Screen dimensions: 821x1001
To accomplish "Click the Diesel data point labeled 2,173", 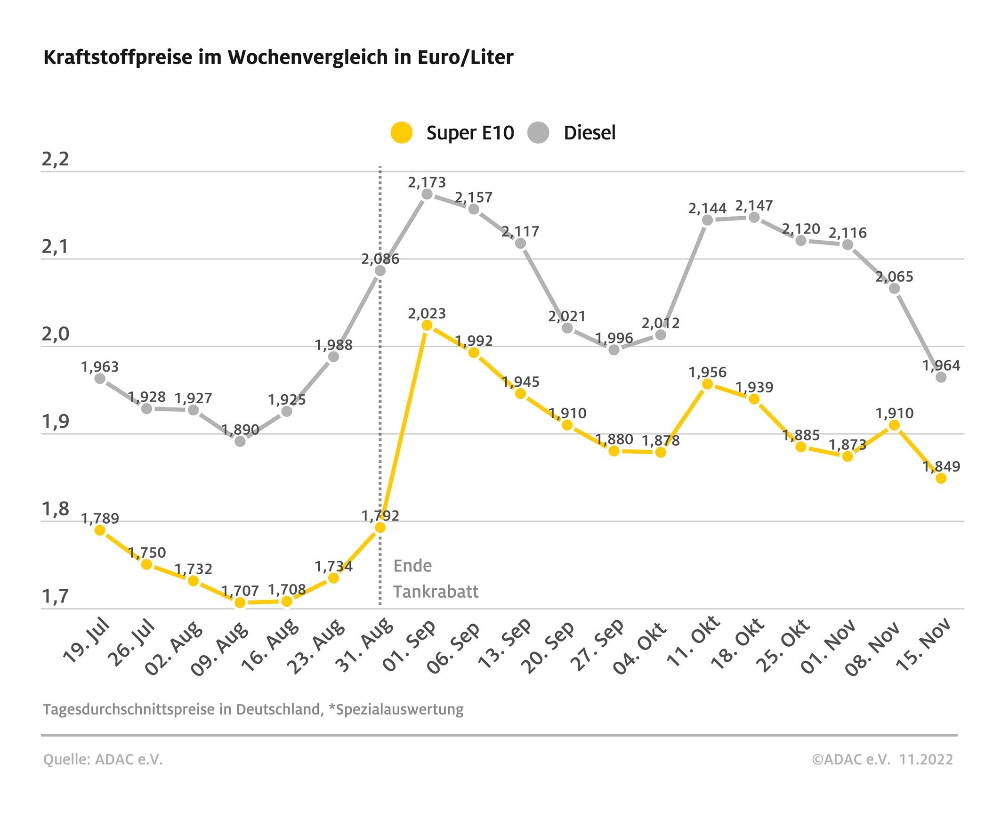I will (x=427, y=195).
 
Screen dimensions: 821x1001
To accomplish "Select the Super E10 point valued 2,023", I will (x=427, y=325).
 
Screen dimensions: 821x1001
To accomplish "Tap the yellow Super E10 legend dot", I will (x=401, y=132).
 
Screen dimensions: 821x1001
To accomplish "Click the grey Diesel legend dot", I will (x=538, y=132).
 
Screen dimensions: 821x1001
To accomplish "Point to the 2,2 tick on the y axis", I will (x=55, y=159).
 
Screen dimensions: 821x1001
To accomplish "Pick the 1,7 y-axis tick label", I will (x=55, y=597).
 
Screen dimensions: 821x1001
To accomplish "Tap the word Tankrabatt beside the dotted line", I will (x=436, y=592).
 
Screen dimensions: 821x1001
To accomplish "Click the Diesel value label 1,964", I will (x=941, y=366).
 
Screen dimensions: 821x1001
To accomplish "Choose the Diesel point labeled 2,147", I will (x=754, y=218).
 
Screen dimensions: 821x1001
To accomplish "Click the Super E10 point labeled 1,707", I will (x=240, y=602).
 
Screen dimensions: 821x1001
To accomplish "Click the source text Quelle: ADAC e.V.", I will (x=103, y=759).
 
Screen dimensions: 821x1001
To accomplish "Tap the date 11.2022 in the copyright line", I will (x=926, y=759).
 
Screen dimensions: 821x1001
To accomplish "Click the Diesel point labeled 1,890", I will (x=240, y=441).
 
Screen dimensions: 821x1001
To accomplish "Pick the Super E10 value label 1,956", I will (x=708, y=373).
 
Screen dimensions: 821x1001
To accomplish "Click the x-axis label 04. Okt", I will (x=640, y=647).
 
